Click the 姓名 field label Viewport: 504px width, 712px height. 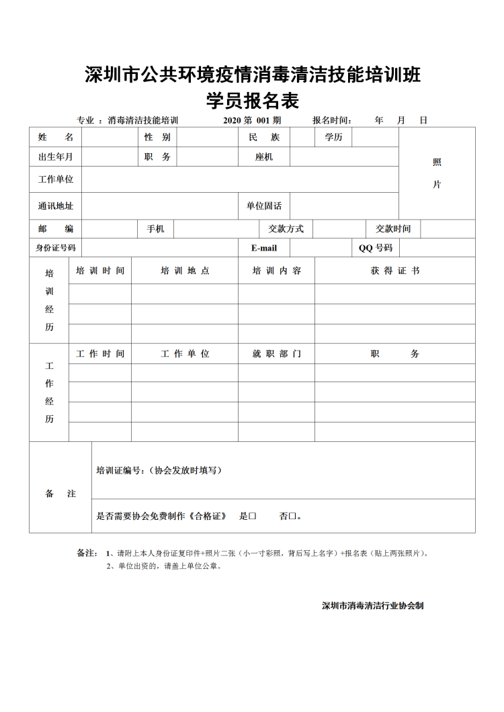tap(56, 137)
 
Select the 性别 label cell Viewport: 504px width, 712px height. tap(157, 137)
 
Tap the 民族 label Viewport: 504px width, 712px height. tap(264, 137)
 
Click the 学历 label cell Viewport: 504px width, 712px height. tap(334, 137)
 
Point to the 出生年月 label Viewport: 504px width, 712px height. tap(56, 157)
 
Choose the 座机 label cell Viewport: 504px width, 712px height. tap(264, 157)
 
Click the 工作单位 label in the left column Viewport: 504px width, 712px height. tap(56, 179)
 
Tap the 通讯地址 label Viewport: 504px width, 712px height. tap(56, 206)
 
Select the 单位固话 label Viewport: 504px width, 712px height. tap(264, 206)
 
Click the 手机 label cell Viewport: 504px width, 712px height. tap(155, 229)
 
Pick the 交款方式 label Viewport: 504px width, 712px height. tap(286, 229)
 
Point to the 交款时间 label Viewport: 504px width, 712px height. tap(393, 229)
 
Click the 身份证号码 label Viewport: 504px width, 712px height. tap(56, 248)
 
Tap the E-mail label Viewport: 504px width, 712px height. tap(264, 248)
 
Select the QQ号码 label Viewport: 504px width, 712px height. tap(376, 248)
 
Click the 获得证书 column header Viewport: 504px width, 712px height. tap(395, 271)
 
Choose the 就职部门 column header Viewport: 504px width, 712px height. tap(276, 353)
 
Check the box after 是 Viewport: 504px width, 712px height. tap(253, 517)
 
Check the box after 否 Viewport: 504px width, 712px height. tap(292, 517)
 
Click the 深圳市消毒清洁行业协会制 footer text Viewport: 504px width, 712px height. tap(372, 605)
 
